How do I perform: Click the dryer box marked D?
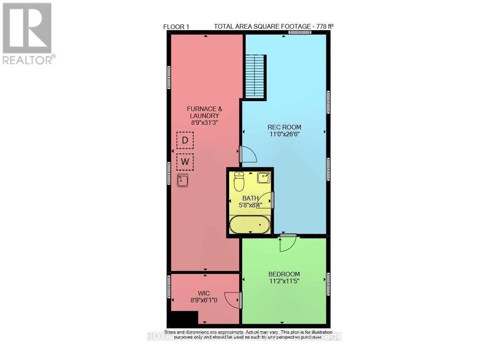coord(185,140)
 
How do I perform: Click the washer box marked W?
coord(185,161)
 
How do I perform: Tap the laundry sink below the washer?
coord(183,180)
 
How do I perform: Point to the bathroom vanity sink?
coord(264,177)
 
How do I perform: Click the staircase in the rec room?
coord(255,76)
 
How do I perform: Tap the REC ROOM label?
coord(284,127)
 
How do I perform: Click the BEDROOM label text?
coord(284,274)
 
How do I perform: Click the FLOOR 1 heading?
coord(176,27)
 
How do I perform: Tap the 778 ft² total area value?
coord(323,26)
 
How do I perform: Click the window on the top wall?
coord(300,32)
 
